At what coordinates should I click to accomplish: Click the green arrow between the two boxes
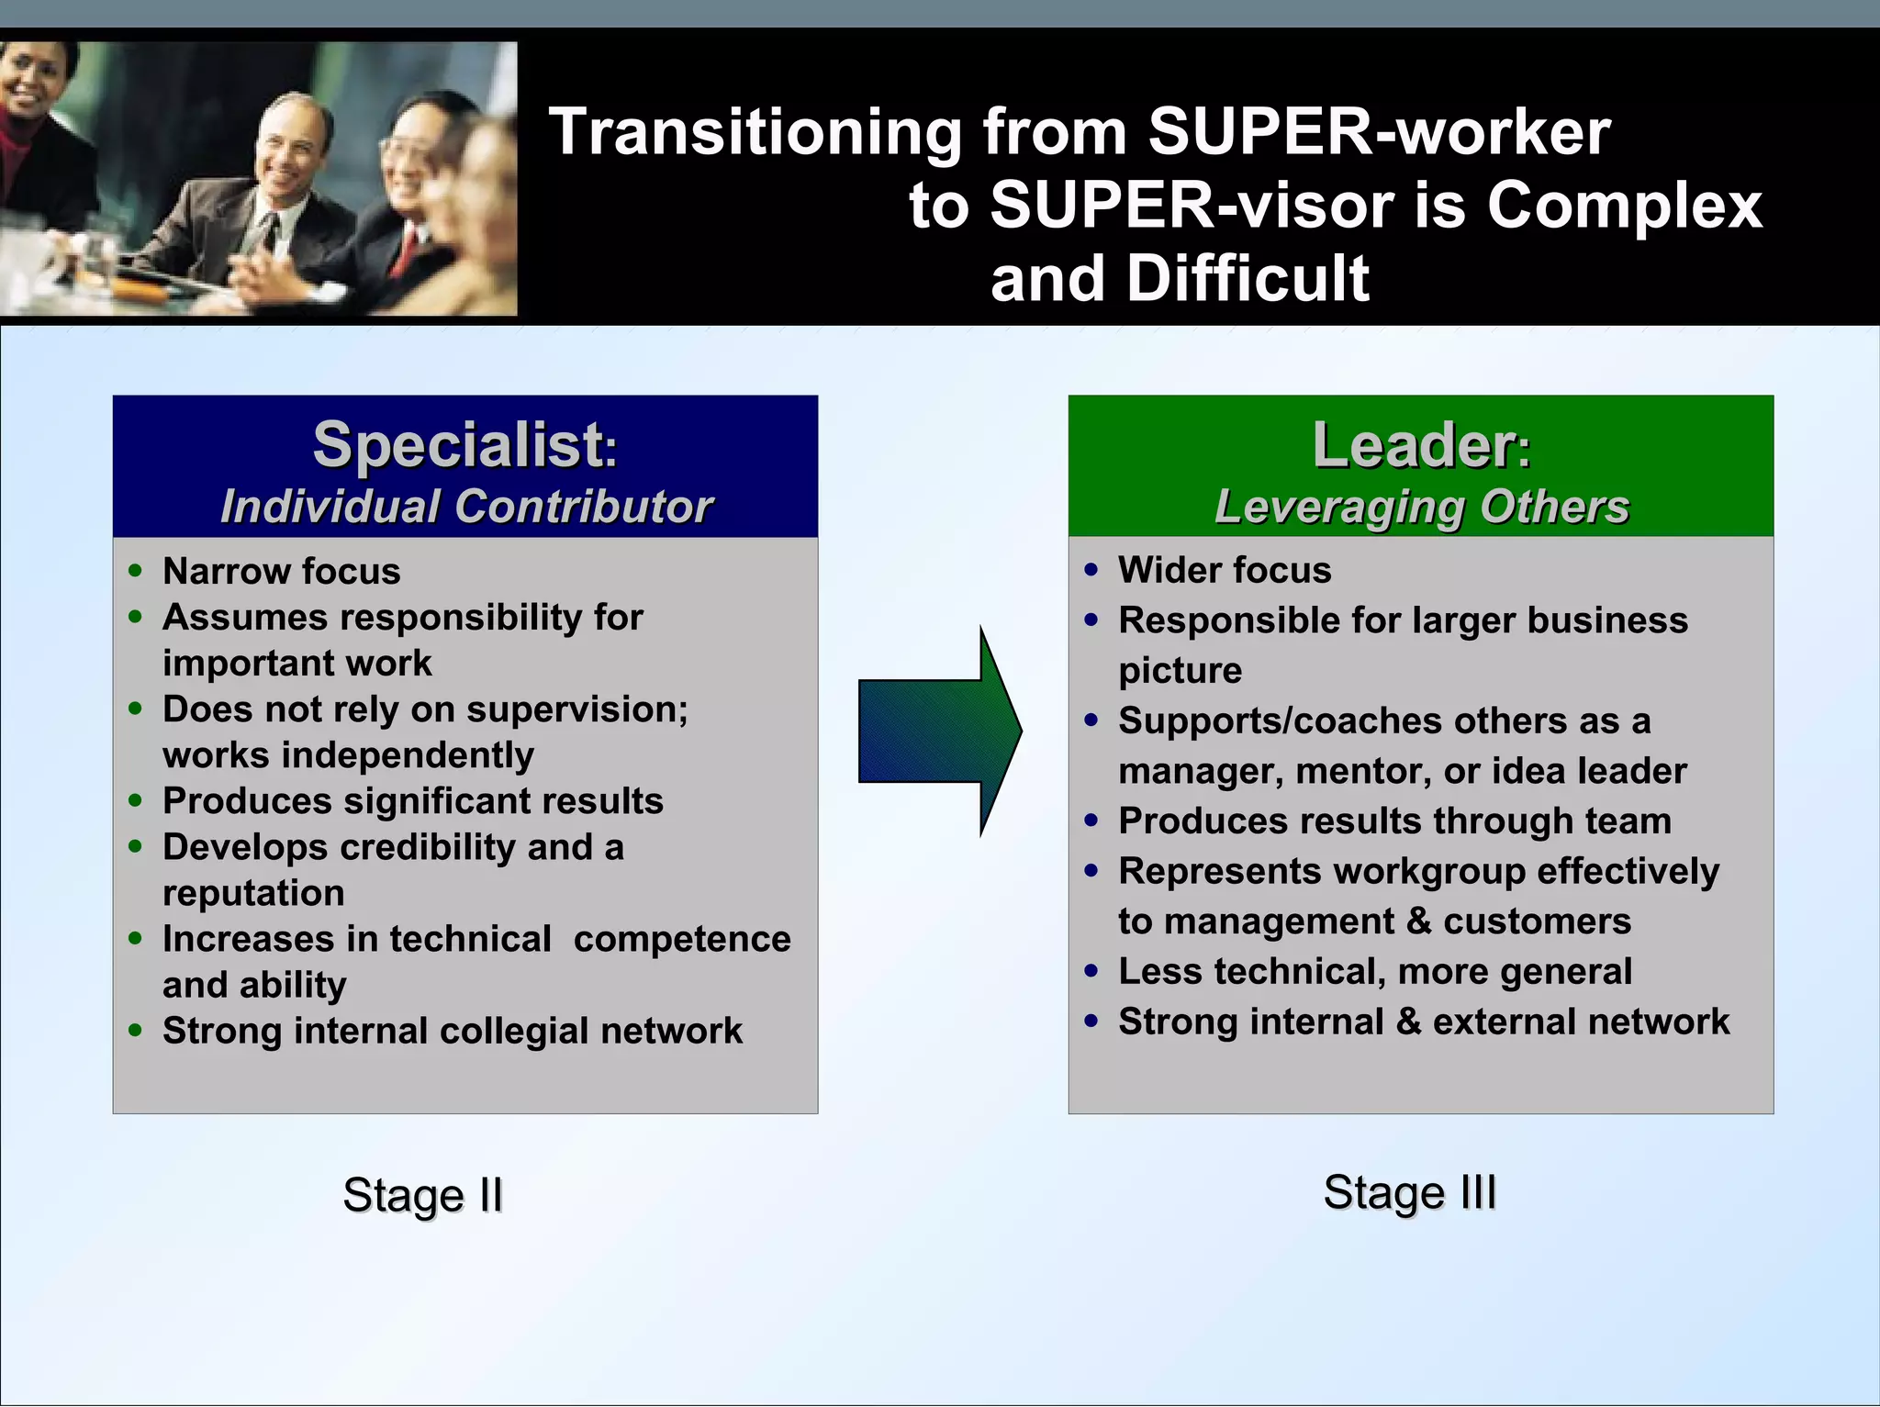[x=938, y=731]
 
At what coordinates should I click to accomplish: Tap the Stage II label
[x=422, y=1195]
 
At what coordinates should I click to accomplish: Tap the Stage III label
[x=1409, y=1192]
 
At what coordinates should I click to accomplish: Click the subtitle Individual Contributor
[x=466, y=507]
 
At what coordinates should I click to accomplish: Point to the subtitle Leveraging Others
[x=1421, y=507]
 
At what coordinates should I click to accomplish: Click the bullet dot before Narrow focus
[x=136, y=571]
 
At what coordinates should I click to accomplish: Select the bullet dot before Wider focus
[x=1091, y=570]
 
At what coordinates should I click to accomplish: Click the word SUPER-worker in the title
[x=1378, y=131]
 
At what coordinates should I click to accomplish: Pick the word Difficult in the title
[x=1248, y=278]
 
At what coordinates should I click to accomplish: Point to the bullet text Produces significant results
[x=412, y=801]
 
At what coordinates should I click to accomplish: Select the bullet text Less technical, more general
[x=1374, y=971]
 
